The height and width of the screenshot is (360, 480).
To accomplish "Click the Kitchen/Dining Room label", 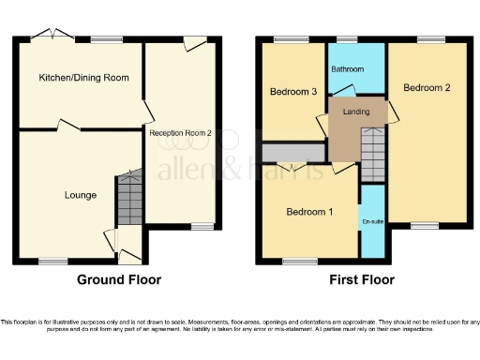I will click(x=83, y=77).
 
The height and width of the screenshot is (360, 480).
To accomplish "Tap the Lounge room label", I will click(x=81, y=195).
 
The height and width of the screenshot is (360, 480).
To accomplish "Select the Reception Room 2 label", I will click(x=181, y=133).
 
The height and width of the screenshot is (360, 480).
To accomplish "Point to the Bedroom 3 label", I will click(x=292, y=92).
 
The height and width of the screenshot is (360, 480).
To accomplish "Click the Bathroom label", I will click(x=348, y=68).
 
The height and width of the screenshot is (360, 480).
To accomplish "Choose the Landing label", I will click(x=356, y=112).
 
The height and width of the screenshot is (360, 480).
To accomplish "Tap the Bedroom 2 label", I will click(x=427, y=87).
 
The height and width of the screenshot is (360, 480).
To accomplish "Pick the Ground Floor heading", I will click(x=119, y=279).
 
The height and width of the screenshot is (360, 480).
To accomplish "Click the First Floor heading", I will click(x=362, y=279).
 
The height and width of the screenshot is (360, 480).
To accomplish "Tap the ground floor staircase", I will click(x=129, y=199).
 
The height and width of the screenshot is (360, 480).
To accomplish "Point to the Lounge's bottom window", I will click(x=52, y=261).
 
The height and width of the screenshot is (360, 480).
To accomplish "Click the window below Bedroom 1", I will click(x=298, y=261).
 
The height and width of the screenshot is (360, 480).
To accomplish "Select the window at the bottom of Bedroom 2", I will click(x=424, y=225).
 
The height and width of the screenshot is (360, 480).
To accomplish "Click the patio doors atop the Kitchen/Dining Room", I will click(x=51, y=37).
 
